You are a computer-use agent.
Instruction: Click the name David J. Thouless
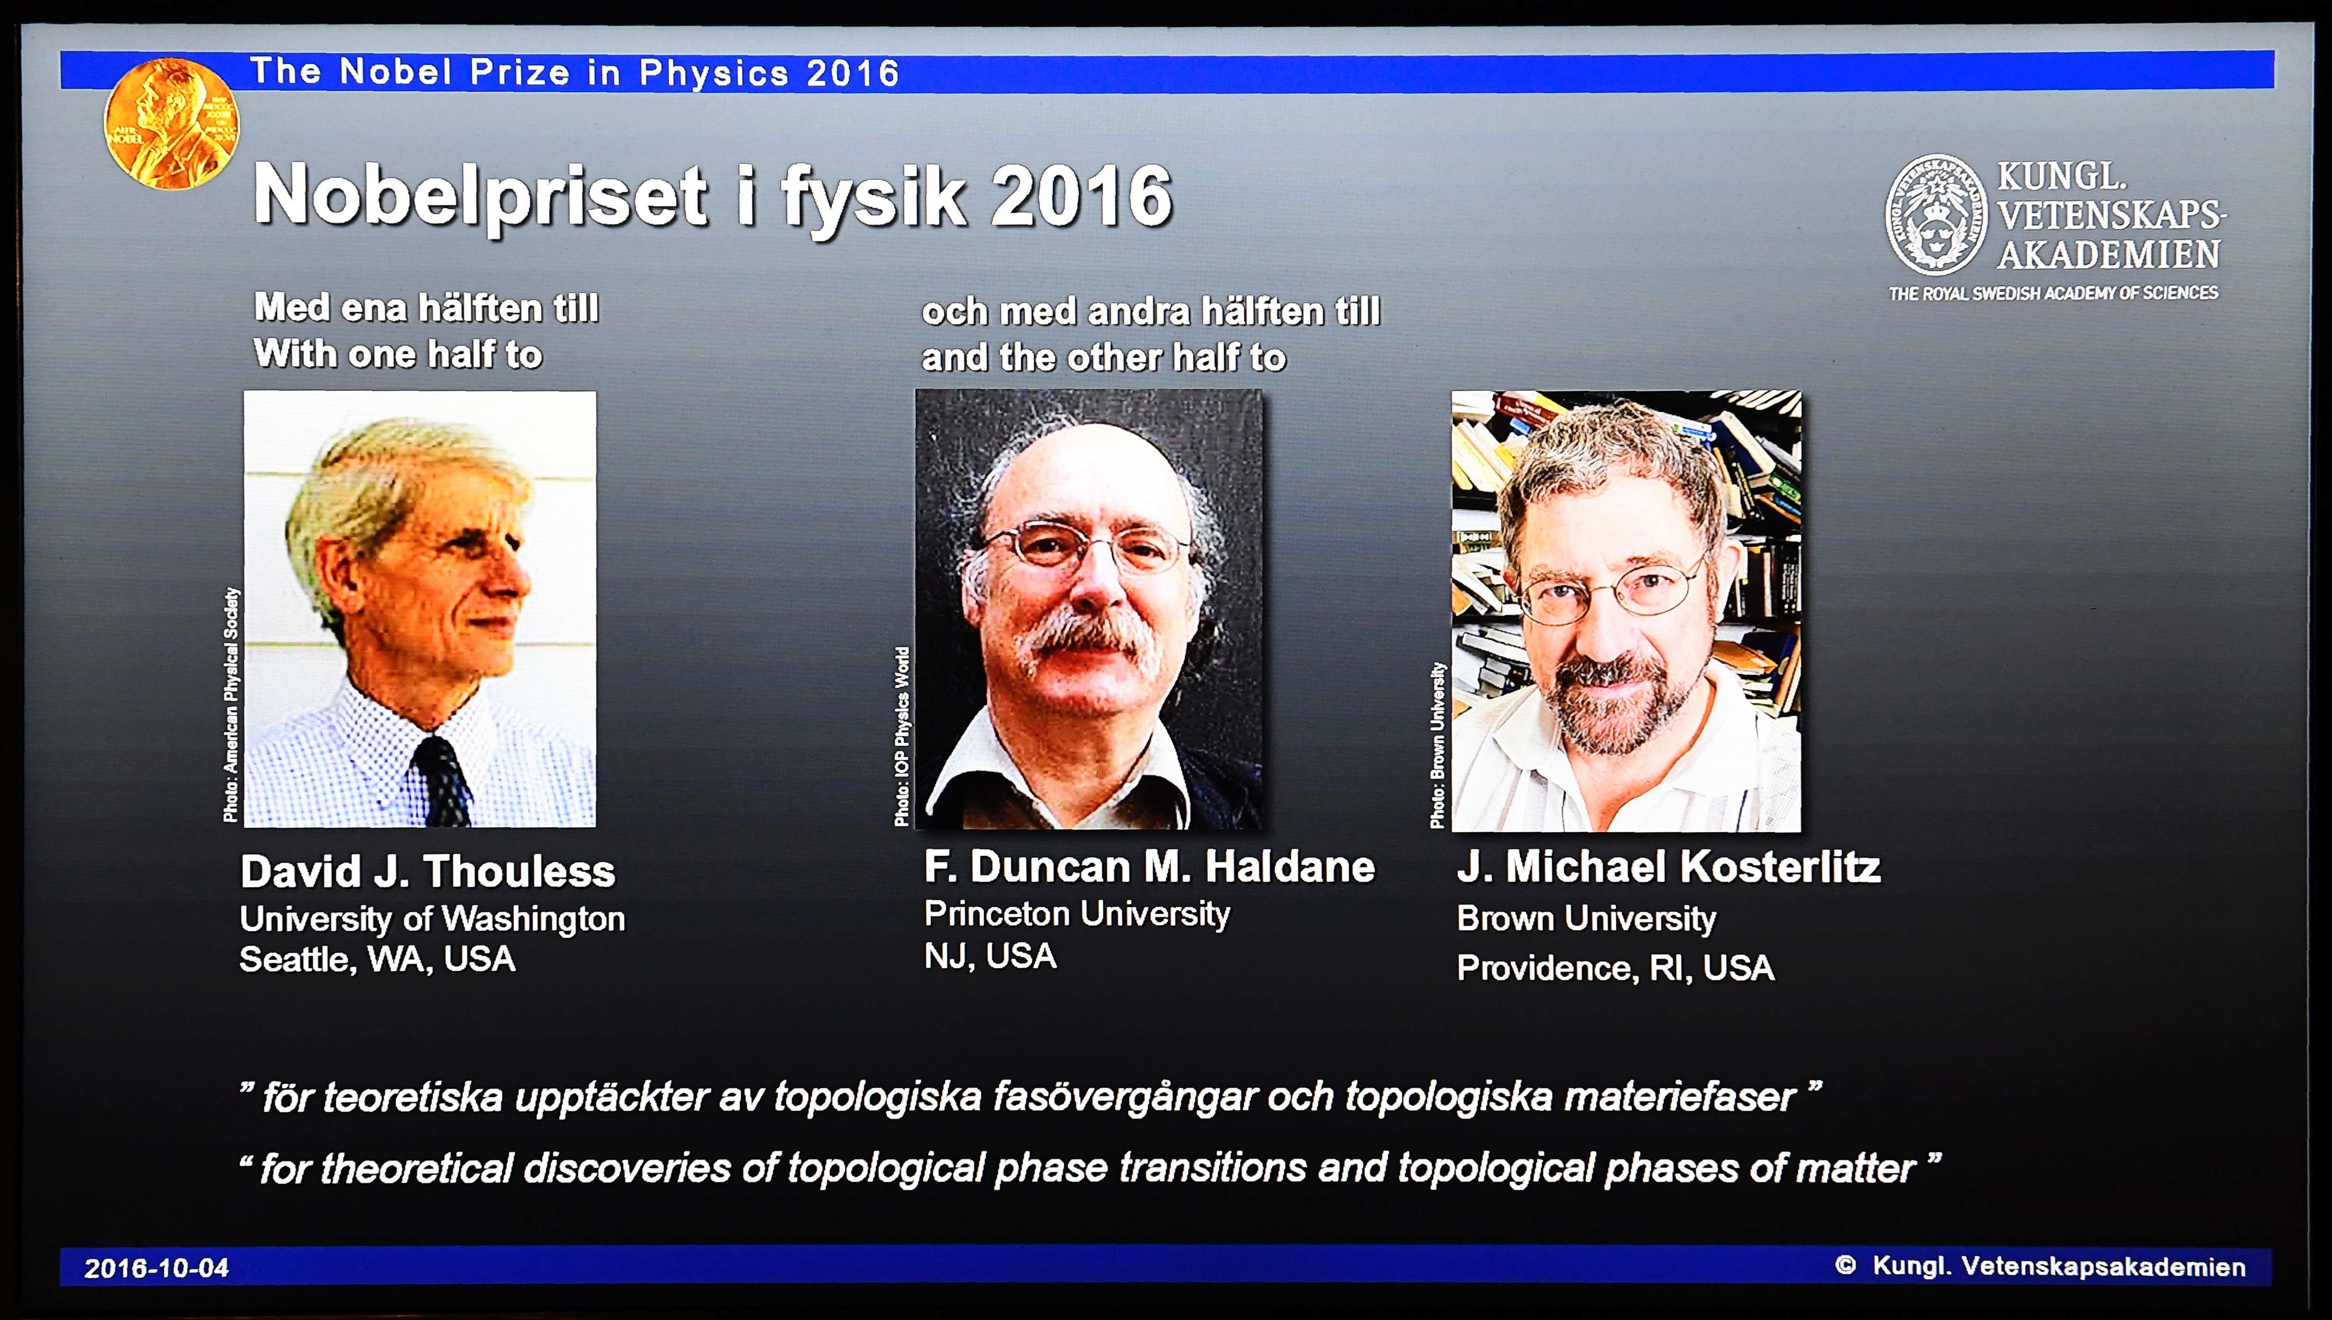(428, 871)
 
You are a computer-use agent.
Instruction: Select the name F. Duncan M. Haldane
(1149, 867)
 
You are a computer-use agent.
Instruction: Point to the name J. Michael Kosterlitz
(1668, 867)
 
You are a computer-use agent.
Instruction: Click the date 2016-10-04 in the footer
(157, 1267)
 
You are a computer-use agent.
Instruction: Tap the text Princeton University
(1077, 914)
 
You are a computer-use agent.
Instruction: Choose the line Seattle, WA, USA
(377, 959)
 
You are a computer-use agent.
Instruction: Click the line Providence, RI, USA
(1615, 968)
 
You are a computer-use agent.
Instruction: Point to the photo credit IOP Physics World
(902, 736)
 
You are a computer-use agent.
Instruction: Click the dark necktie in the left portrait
(441, 779)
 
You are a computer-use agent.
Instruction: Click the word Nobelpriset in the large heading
(480, 196)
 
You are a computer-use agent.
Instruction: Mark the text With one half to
(398, 354)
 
